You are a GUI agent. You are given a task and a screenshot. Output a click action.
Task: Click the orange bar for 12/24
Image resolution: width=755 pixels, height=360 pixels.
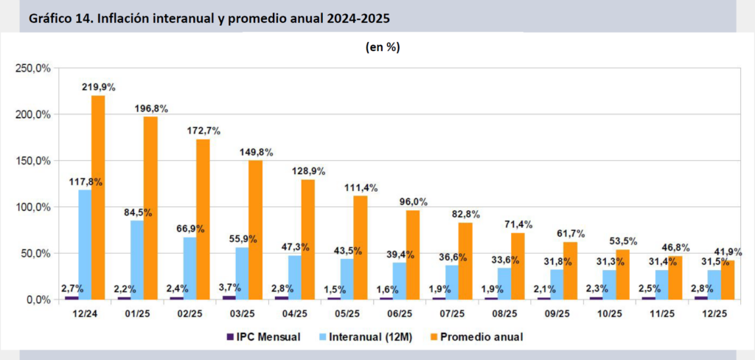(x=98, y=197)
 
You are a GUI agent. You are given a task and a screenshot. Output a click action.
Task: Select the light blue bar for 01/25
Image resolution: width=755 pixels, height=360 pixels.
(x=137, y=260)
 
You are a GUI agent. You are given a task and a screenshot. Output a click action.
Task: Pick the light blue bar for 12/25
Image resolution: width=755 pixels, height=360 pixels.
(x=714, y=284)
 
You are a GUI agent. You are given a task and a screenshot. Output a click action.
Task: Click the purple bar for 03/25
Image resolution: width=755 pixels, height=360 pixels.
(x=229, y=297)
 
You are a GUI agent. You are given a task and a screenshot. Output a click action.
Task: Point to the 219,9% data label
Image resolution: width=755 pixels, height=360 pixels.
(x=98, y=88)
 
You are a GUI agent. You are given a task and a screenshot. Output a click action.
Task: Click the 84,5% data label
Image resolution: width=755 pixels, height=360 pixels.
(x=137, y=212)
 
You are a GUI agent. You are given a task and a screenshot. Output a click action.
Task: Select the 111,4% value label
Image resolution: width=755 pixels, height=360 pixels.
(x=361, y=187)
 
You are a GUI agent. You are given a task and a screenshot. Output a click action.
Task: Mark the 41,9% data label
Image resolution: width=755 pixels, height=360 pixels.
(x=732, y=252)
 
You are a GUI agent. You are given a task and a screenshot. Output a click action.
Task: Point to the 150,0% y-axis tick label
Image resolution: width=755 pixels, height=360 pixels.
(x=33, y=161)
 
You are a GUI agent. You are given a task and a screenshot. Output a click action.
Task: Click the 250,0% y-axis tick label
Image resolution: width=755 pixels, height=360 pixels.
(x=33, y=69)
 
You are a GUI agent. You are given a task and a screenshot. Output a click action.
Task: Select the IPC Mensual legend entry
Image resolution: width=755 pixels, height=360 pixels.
(x=262, y=337)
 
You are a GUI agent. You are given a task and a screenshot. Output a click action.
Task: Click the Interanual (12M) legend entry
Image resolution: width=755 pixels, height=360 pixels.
(x=366, y=337)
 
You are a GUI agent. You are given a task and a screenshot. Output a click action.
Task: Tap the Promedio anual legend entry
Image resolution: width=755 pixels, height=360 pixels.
(x=476, y=337)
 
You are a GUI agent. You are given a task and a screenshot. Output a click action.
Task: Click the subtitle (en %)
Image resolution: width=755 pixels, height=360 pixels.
(x=383, y=47)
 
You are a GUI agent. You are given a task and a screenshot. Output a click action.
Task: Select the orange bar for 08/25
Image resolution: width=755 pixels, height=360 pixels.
(x=518, y=266)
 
